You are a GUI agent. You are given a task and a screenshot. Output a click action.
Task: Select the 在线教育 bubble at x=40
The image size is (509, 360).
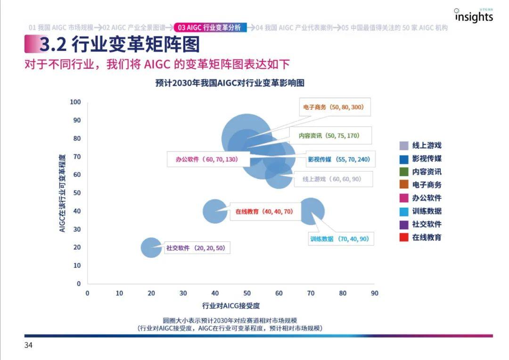(215, 211)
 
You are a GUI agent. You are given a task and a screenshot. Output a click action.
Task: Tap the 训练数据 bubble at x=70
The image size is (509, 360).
(312, 211)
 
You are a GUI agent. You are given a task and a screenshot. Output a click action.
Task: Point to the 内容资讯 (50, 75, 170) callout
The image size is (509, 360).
(329, 136)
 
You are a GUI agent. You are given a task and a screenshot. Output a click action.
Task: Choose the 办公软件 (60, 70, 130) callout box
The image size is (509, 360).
(206, 159)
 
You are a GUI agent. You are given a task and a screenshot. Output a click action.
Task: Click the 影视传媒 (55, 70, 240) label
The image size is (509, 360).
(338, 159)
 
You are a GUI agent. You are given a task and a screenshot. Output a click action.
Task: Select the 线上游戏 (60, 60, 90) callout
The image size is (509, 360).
(334, 179)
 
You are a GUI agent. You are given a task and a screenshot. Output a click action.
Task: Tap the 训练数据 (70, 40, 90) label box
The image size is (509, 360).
(339, 239)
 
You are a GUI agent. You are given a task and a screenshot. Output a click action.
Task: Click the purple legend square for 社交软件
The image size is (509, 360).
(404, 224)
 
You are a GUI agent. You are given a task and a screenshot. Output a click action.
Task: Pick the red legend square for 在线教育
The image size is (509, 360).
(404, 237)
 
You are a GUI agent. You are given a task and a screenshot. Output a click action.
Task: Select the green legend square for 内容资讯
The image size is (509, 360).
(404, 172)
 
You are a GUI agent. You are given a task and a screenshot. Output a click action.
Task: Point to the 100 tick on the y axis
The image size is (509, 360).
(75, 102)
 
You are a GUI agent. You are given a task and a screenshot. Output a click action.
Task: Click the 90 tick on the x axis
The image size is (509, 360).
(374, 293)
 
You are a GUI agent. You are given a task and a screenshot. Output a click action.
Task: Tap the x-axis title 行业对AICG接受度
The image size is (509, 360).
(231, 305)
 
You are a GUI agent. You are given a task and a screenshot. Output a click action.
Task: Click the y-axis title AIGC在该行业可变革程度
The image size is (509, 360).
(62, 193)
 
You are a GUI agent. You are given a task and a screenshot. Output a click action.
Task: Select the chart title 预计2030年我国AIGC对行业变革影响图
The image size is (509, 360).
(230, 83)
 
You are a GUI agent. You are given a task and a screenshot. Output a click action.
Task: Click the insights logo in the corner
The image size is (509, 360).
(474, 16)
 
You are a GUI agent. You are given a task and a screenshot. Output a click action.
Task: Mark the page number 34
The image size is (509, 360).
(29, 345)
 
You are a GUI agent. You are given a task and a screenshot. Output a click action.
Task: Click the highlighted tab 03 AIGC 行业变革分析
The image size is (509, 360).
(209, 27)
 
